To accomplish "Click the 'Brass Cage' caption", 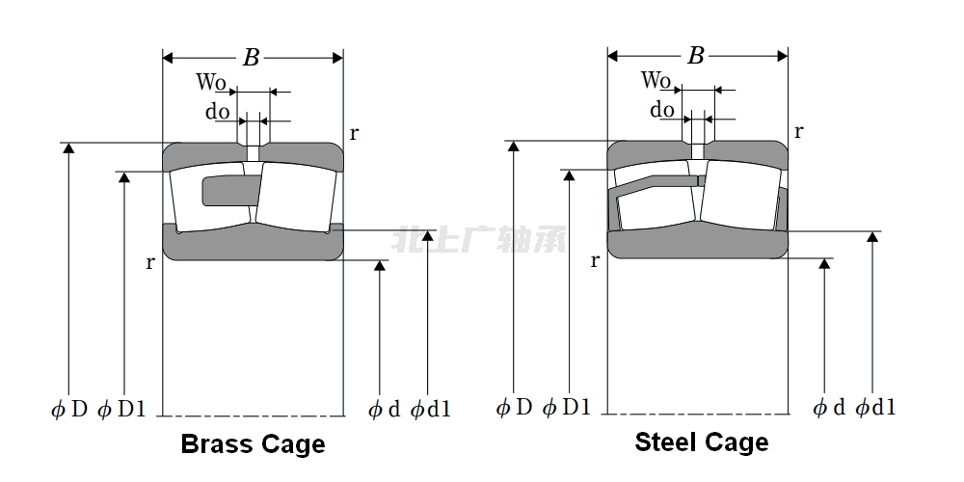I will pyautogui.click(x=253, y=444).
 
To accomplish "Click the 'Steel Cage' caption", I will pyautogui.click(x=701, y=442).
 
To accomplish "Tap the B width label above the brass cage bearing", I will pyautogui.click(x=251, y=58).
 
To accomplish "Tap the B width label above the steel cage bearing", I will pyautogui.click(x=696, y=56).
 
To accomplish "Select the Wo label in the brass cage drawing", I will pyautogui.click(x=211, y=83).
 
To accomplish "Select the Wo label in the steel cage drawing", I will pyautogui.click(x=656, y=80).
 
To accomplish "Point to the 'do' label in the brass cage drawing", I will pyautogui.click(x=217, y=112).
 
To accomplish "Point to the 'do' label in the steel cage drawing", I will pyautogui.click(x=662, y=110).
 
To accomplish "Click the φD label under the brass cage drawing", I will pyautogui.click(x=69, y=409).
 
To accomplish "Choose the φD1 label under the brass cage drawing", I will pyautogui.click(x=122, y=409).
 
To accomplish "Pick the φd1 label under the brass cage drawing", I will pyautogui.click(x=430, y=410).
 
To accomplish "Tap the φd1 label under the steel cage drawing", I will pyautogui.click(x=875, y=407).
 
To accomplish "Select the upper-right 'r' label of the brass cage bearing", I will pyautogui.click(x=354, y=133).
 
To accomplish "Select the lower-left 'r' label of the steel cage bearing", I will pyautogui.click(x=595, y=260).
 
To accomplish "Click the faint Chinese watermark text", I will pyautogui.click(x=479, y=238).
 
